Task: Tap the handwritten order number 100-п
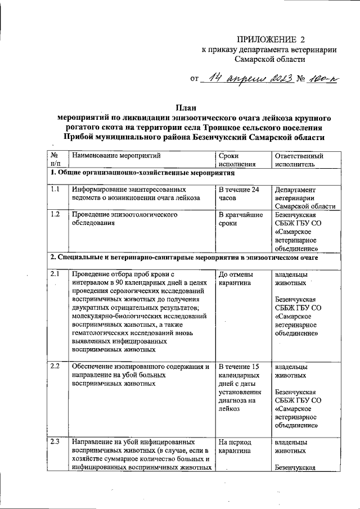(x=322, y=79)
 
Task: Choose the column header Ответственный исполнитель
(x=299, y=160)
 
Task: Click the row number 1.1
(x=55, y=190)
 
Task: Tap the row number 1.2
(x=55, y=214)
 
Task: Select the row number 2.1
(x=55, y=273)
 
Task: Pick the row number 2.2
(x=55, y=366)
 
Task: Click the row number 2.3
(x=55, y=441)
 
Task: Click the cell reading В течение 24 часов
(x=239, y=194)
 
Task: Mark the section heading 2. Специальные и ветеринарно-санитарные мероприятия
(x=184, y=258)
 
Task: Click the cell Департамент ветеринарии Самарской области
(x=300, y=199)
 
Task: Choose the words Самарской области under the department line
(x=270, y=58)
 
